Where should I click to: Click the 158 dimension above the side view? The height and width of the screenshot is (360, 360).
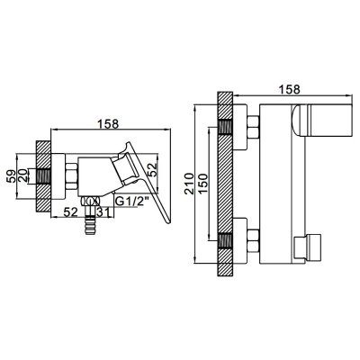coord(108,124)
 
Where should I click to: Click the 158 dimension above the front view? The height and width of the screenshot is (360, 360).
coord(289,89)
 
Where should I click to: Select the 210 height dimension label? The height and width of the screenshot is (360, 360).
coord(189,184)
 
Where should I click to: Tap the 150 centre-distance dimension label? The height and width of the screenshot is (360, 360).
coord(202,184)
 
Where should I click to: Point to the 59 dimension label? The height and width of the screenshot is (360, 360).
coord(11,176)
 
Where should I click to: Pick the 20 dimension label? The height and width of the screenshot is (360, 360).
coord(22,176)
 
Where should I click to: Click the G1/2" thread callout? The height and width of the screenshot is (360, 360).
coord(132,202)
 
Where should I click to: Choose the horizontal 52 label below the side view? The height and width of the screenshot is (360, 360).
coord(71,212)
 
